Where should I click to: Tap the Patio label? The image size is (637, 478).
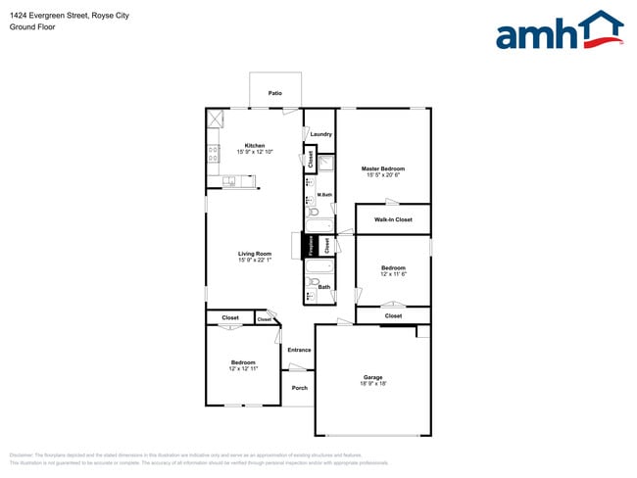coord(275,93)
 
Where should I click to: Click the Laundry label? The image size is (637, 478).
coord(320,134)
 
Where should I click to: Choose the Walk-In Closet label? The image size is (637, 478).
coord(393,219)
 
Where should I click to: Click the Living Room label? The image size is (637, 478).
coord(254,254)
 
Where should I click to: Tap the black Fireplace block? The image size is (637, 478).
coord(312,246)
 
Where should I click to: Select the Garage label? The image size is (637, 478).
coord(372,377)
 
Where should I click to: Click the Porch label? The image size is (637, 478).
coord(300,388)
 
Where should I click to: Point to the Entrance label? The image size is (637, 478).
coord(299,350)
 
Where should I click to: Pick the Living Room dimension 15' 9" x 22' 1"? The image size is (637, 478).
coord(254,261)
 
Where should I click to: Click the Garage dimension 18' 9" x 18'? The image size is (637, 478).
coord(372,384)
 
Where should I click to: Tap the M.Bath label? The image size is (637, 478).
coord(324,195)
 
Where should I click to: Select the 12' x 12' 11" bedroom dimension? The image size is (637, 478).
coord(243,369)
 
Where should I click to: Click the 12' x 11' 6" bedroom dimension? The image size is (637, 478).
coord(393,274)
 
